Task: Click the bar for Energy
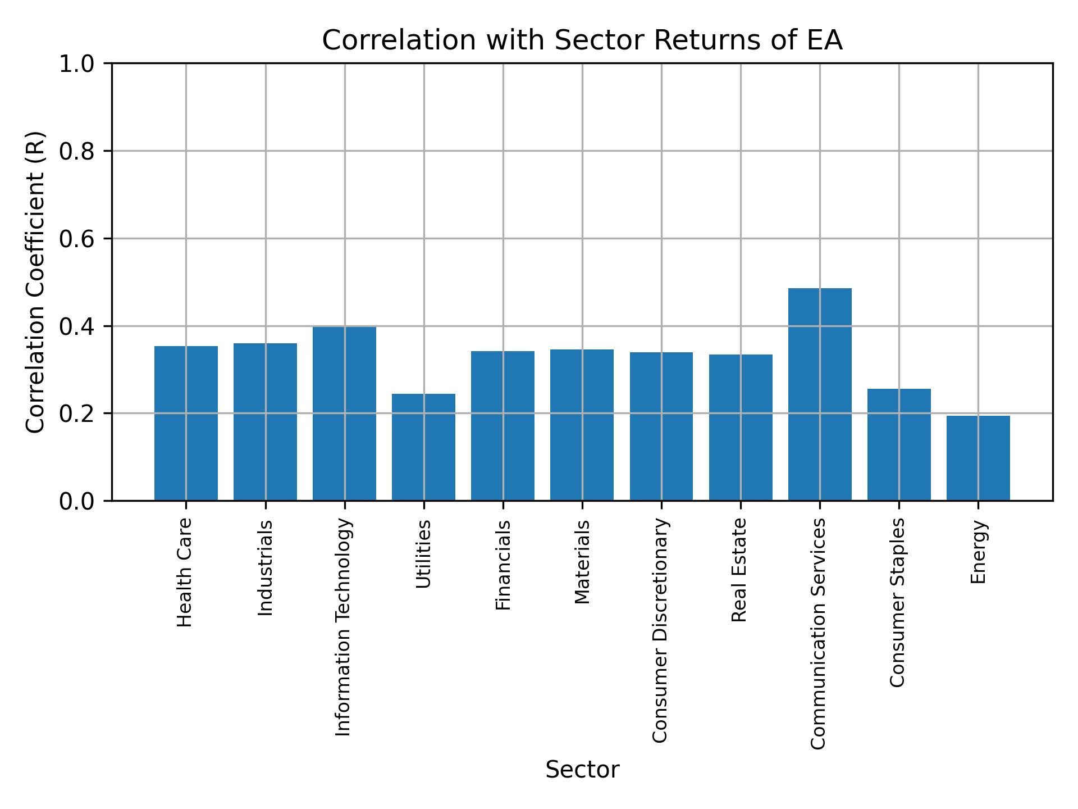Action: click(978, 458)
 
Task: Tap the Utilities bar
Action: click(423, 447)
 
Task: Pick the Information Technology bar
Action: click(344, 413)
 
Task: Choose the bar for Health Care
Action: click(186, 423)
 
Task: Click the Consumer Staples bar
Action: click(899, 444)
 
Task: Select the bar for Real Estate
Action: click(741, 428)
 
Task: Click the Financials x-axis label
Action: click(503, 565)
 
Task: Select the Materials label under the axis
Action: click(583, 562)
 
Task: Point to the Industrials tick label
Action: click(265, 568)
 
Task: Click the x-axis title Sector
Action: click(582, 770)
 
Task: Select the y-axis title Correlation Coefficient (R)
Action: click(35, 282)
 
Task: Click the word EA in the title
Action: click(825, 40)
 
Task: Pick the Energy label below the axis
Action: click(978, 552)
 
